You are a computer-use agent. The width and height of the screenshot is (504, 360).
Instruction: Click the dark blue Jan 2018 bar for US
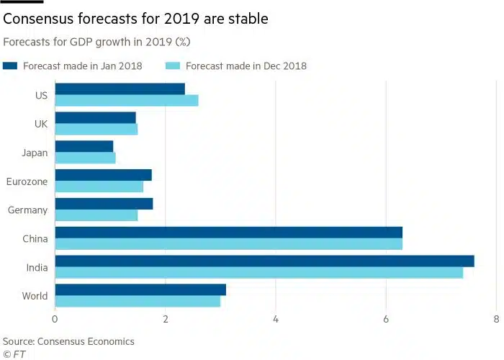(120, 89)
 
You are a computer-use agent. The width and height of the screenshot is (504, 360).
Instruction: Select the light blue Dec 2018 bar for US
(126, 101)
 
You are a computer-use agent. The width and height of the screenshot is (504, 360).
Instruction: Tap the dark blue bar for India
(264, 261)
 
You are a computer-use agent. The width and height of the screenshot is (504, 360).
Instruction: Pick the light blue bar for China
(228, 244)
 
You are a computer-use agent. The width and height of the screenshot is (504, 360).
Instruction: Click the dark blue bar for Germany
(104, 204)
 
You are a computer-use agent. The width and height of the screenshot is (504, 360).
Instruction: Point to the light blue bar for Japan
(85, 158)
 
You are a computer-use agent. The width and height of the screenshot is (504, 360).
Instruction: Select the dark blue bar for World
(140, 289)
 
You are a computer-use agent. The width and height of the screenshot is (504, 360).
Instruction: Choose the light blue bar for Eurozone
(99, 186)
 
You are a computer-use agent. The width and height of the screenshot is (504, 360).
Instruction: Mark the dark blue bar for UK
(95, 118)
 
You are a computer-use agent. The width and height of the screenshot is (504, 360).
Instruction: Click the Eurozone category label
(27, 181)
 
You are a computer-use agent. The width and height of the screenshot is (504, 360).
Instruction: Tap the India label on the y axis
(36, 268)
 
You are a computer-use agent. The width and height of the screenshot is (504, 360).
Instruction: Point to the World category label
(34, 296)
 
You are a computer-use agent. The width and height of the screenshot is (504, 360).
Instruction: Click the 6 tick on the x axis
(386, 319)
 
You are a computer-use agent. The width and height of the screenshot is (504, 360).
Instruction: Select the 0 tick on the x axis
(55, 319)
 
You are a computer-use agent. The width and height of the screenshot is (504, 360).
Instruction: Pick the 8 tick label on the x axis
(496, 319)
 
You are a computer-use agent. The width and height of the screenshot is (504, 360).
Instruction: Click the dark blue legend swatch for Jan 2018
(10, 66)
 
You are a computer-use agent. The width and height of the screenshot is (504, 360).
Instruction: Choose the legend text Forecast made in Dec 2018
(246, 66)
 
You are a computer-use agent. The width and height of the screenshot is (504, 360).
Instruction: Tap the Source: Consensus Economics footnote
(68, 341)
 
